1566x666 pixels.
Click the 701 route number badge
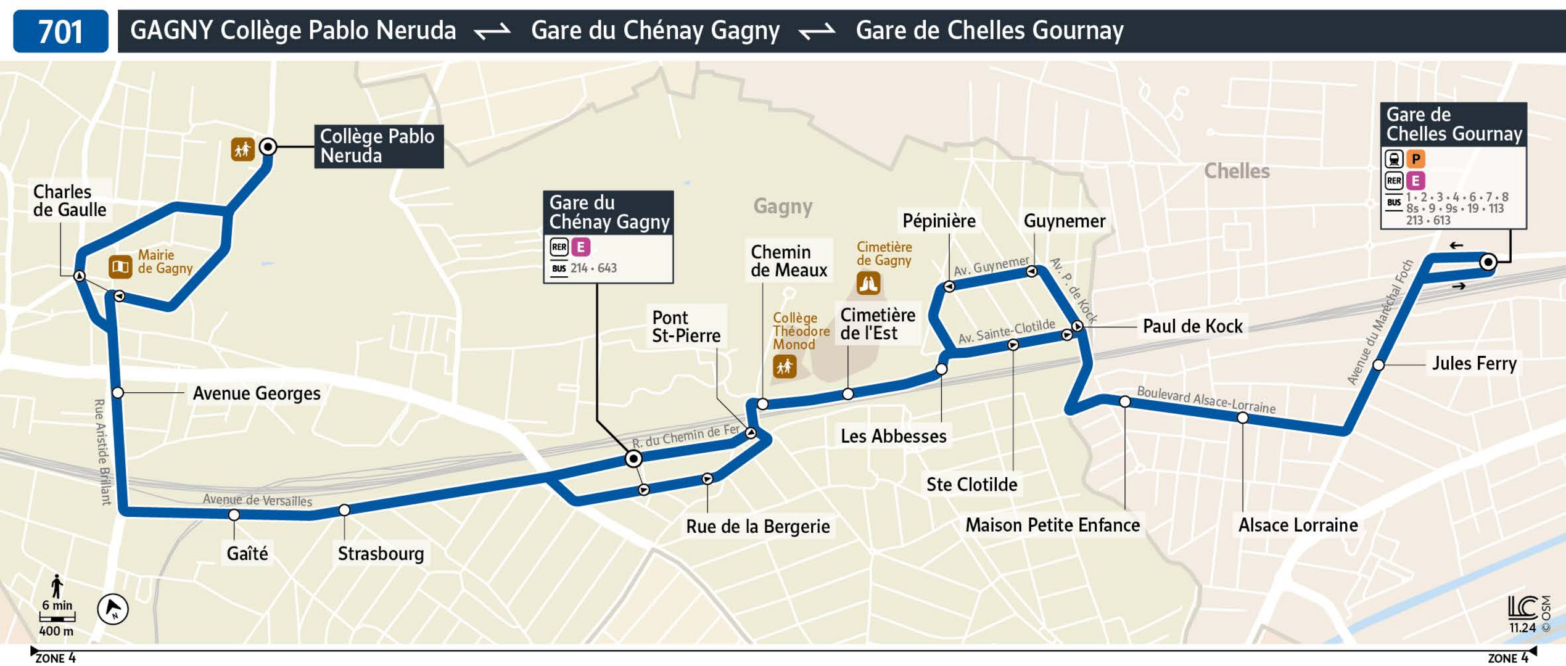pyautogui.click(x=60, y=31)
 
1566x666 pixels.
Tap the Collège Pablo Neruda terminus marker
pyautogui.click(x=268, y=147)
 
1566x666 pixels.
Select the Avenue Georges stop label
pyautogui.click(x=256, y=393)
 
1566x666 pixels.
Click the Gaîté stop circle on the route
pyautogui.click(x=234, y=514)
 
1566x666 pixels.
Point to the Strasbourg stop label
pyautogui.click(x=381, y=553)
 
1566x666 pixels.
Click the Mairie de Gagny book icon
pyautogui.click(x=120, y=266)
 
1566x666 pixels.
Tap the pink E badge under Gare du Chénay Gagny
pyautogui.click(x=580, y=247)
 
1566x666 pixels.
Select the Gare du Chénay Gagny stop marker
pyautogui.click(x=633, y=458)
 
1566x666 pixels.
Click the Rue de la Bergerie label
pyautogui.click(x=757, y=526)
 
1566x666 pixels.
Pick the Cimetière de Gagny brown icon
pyautogui.click(x=868, y=283)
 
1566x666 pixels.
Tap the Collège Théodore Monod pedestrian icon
pyautogui.click(x=784, y=367)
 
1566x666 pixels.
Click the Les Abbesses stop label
pyautogui.click(x=893, y=436)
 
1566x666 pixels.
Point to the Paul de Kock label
pyautogui.click(x=1192, y=326)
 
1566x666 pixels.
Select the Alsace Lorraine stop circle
pyautogui.click(x=1242, y=418)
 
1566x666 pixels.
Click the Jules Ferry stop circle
pyautogui.click(x=1378, y=365)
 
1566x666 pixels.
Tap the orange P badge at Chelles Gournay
pyautogui.click(x=1416, y=159)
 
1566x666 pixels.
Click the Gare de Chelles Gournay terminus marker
pyautogui.click(x=1488, y=262)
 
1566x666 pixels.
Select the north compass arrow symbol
pyautogui.click(x=113, y=609)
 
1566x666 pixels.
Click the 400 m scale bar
pyautogui.click(x=57, y=617)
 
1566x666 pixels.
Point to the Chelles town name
pyautogui.click(x=1236, y=171)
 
